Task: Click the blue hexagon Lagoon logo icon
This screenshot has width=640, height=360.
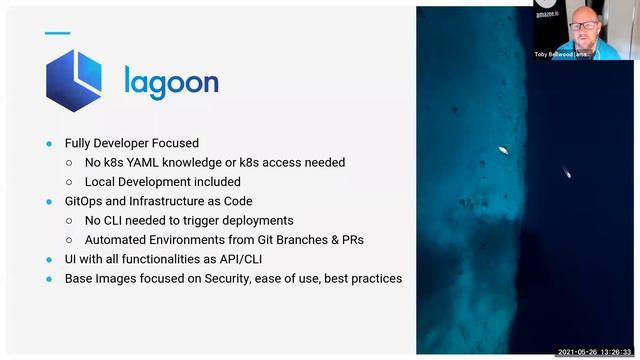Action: (75, 79)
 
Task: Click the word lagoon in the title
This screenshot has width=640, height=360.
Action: (171, 80)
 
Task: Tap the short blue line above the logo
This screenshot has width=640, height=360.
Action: (58, 33)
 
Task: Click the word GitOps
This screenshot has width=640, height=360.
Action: (87, 201)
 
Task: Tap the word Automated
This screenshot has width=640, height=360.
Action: (119, 240)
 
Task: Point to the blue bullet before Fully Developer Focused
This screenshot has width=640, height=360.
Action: (49, 143)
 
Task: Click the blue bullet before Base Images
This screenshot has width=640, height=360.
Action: (49, 278)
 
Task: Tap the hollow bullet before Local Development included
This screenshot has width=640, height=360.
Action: (69, 182)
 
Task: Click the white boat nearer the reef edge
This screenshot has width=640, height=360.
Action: (503, 150)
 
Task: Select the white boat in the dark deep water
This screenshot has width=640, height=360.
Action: (568, 172)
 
